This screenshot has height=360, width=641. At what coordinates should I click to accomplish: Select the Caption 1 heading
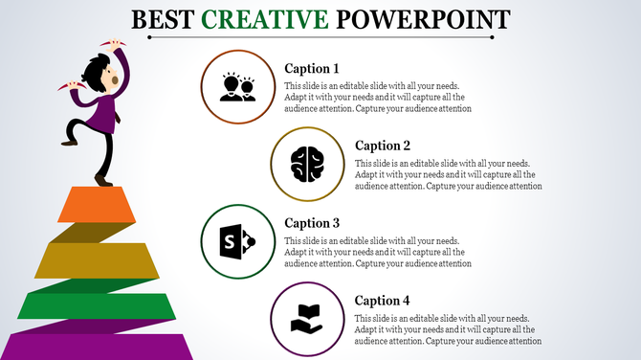(x=312, y=68)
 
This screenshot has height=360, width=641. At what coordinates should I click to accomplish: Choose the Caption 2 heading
(x=383, y=146)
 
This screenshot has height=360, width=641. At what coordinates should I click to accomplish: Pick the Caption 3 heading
(x=312, y=223)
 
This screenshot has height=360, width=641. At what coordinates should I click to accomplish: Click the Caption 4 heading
(x=383, y=300)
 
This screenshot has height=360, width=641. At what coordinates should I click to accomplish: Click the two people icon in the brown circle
(x=236, y=87)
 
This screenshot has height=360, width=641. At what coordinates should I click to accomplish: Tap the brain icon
(x=306, y=164)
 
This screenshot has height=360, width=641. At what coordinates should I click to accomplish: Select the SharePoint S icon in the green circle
(x=235, y=240)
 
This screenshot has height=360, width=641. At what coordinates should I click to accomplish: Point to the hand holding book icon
(x=306, y=318)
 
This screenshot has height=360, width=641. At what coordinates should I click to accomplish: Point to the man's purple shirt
(x=102, y=111)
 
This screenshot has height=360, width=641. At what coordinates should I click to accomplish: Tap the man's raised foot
(x=69, y=143)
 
